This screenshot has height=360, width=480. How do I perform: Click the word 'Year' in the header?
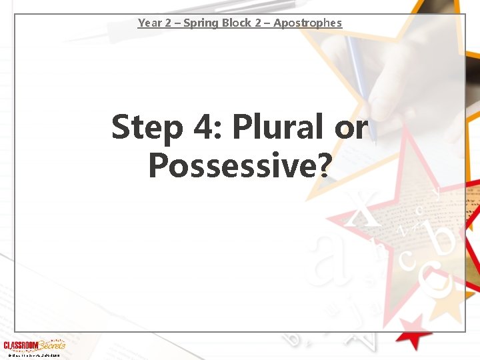(x=149, y=23)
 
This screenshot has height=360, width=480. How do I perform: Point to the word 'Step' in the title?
(x=147, y=127)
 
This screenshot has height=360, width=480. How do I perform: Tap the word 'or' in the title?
(x=351, y=127)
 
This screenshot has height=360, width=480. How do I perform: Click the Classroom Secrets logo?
(x=34, y=345)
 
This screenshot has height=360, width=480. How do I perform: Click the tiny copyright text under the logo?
(x=33, y=355)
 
